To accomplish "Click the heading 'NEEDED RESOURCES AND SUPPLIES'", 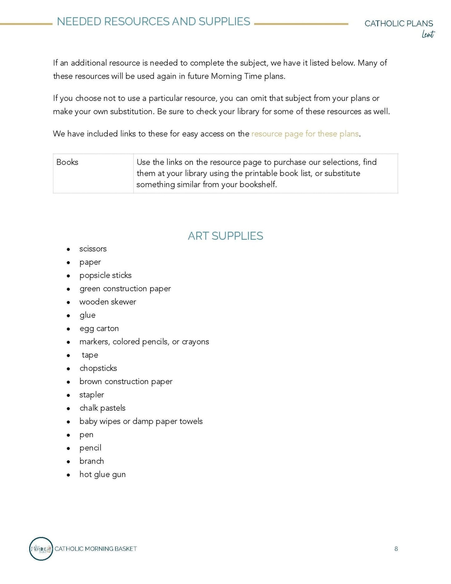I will pos(153,22).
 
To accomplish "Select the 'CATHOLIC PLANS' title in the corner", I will pos(399,23).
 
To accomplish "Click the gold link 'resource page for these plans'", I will pos(305,134).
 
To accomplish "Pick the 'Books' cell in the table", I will pos(67,162).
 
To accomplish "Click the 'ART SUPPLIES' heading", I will pos(225,236).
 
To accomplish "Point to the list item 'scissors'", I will pos(93,249).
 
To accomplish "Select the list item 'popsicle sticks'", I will pos(105,275).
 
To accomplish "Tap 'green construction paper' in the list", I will pos(125,289).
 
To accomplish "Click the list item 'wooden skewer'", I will pos(108,302).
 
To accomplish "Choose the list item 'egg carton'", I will pos(99,328).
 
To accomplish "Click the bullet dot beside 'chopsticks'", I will pos(68,369).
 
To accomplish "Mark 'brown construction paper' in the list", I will pos(126,382).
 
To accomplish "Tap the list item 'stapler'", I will pos(91,395).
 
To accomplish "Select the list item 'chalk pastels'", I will pos(102,408).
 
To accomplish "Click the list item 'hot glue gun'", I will pos(102,474).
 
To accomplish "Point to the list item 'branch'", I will pos(91,461).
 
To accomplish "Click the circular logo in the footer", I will pos(41,549).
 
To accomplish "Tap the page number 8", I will pos(396,549).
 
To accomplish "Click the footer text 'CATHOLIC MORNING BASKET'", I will pos(96,549).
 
